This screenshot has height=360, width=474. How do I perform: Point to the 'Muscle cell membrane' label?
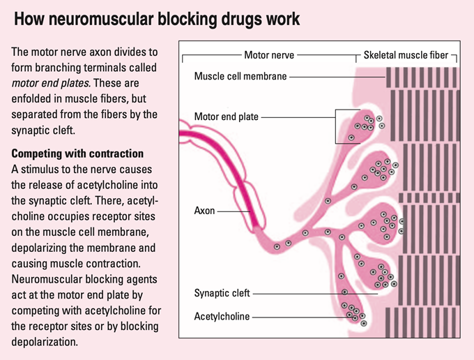pyautogui.click(x=240, y=76)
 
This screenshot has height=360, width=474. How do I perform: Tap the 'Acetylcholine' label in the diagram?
pyautogui.click(x=222, y=316)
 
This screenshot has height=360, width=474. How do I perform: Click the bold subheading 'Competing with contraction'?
pyautogui.click(x=77, y=153)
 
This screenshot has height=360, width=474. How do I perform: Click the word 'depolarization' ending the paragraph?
pyautogui.click(x=45, y=342)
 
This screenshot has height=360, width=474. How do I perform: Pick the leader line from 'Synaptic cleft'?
pyautogui.click(x=314, y=294)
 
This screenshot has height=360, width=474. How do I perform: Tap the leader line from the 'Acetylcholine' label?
pyautogui.click(x=298, y=316)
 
